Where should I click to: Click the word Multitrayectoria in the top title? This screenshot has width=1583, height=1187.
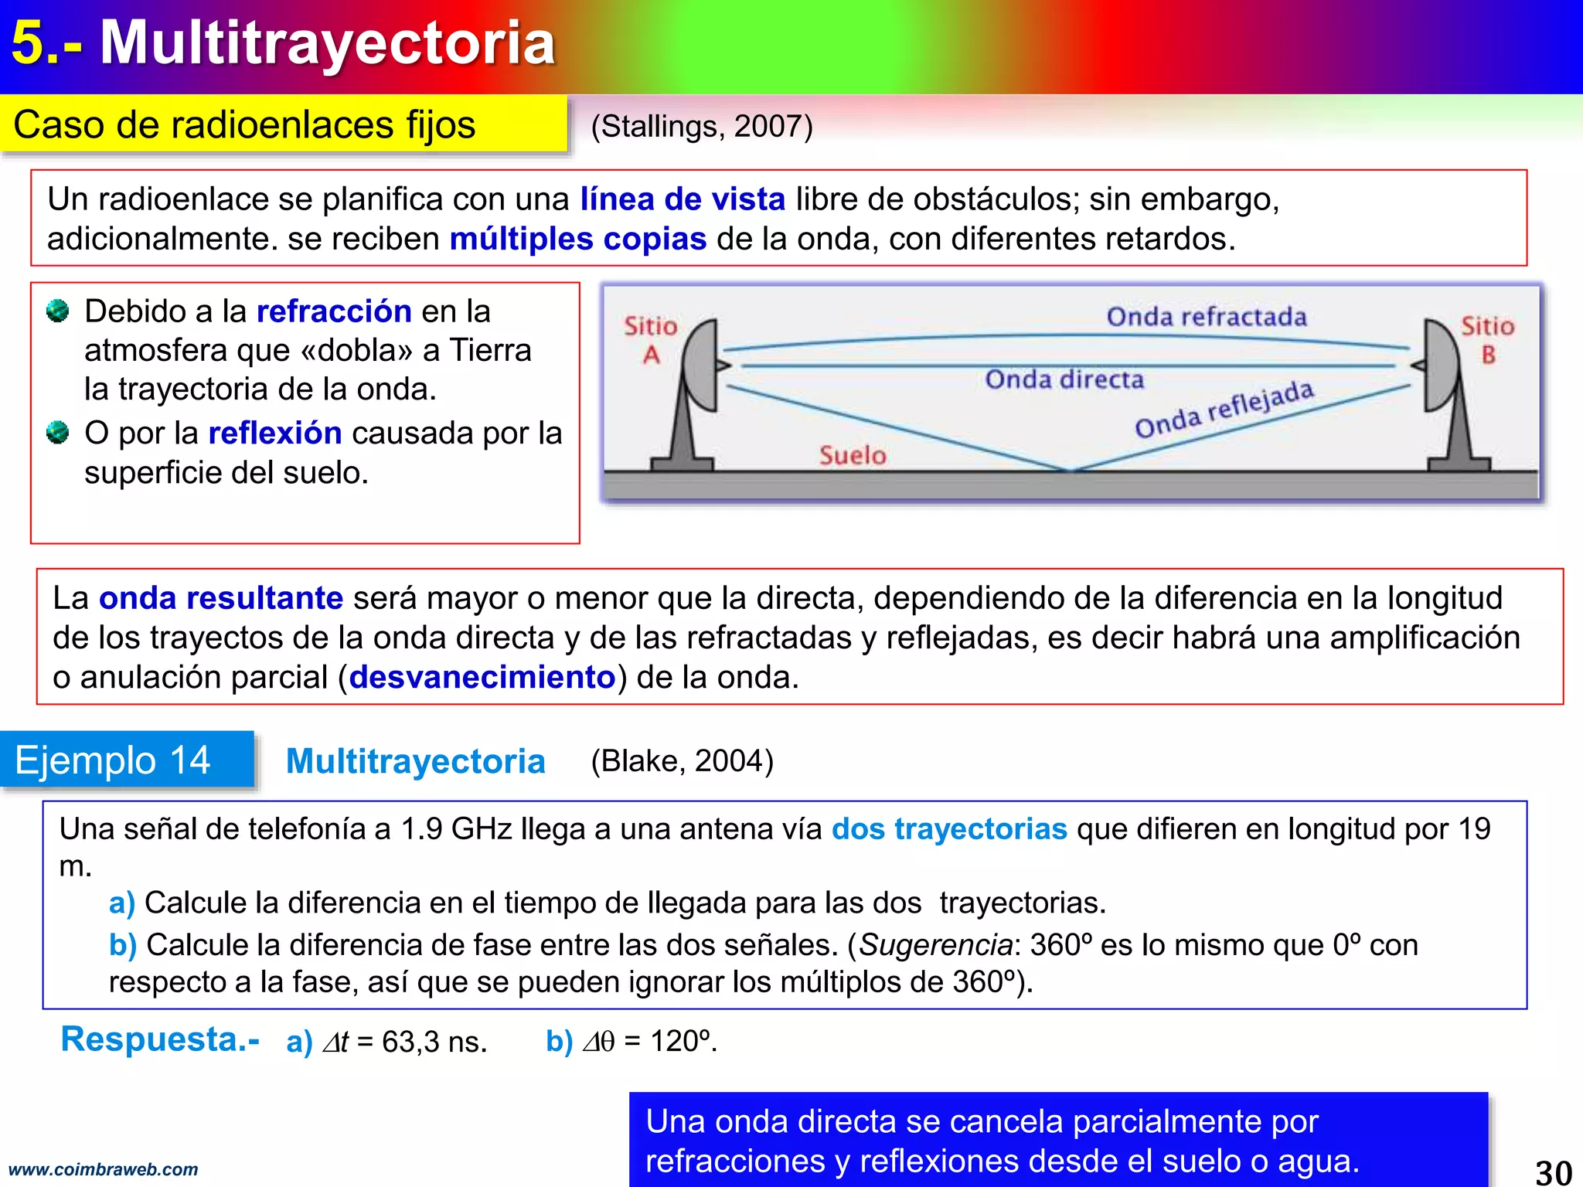328,43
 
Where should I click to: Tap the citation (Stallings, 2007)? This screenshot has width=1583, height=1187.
702,126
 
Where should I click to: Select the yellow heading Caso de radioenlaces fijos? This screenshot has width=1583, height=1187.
244,124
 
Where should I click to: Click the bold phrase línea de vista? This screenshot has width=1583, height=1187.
683,199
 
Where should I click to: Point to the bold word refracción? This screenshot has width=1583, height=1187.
334,311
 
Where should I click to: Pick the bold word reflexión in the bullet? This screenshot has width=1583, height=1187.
275,433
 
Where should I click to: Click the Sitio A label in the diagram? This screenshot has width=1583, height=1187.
651,340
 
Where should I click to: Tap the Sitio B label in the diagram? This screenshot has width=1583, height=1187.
1487,340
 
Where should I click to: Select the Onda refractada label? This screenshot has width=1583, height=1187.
1206,317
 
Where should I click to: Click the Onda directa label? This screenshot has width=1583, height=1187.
1064,379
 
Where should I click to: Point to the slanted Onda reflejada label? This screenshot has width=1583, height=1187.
1224,409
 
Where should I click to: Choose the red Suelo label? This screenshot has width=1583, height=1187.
853,455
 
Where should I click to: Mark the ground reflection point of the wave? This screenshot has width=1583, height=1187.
1070,469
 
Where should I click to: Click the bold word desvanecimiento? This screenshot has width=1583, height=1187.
482,677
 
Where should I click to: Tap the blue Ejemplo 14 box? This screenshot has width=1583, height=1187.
127,760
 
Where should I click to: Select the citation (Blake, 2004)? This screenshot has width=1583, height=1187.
682,761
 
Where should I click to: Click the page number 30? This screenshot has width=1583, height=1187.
1554,1172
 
